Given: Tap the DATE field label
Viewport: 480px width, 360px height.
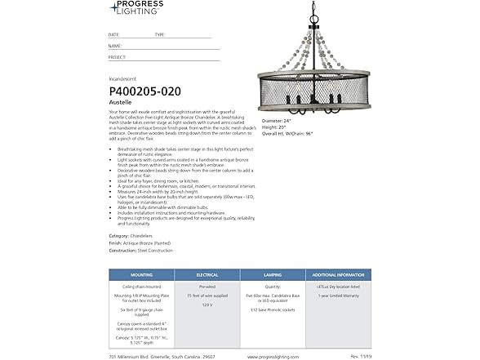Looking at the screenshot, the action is pos(113,35).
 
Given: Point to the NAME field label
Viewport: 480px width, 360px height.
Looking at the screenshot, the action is pos(114,47).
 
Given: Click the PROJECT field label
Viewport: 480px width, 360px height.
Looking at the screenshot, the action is pos(117,58).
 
